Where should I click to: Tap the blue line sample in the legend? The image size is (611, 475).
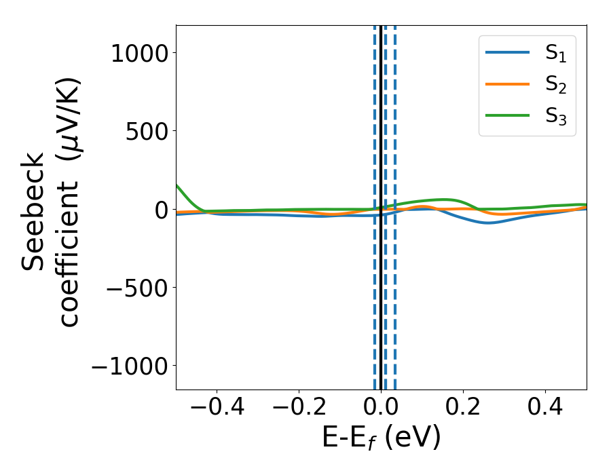(x=507, y=53)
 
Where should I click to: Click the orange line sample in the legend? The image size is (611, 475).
(x=507, y=84)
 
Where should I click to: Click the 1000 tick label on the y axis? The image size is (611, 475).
(x=139, y=54)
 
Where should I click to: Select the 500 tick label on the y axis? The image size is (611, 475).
(x=147, y=132)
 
